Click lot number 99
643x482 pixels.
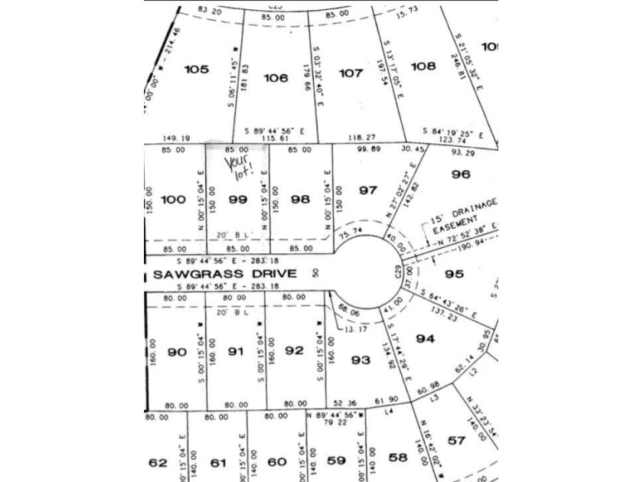click(238, 200)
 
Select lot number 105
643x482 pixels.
click(197, 70)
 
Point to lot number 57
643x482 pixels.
click(456, 441)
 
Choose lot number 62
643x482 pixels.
click(158, 462)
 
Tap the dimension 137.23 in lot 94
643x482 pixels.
click(445, 314)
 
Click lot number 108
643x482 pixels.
click(423, 67)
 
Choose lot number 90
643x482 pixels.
click(178, 352)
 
